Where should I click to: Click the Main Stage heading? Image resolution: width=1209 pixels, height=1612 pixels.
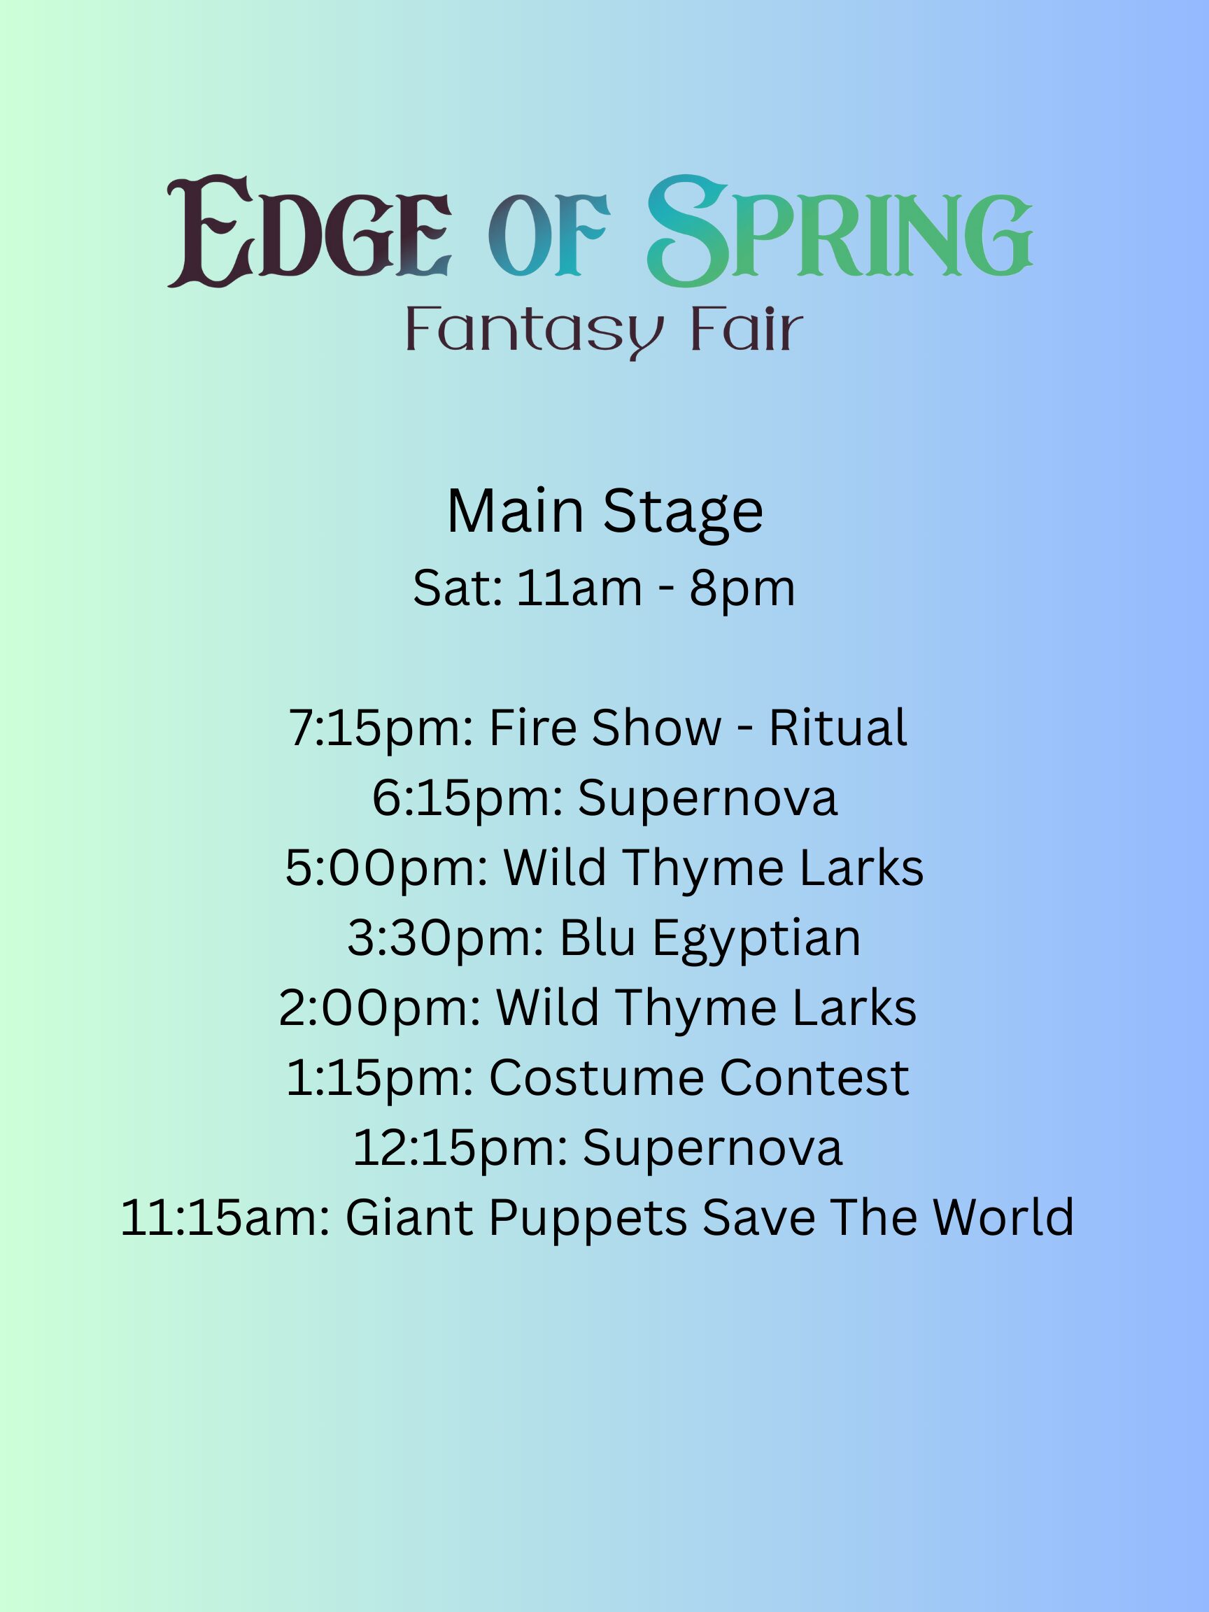605,511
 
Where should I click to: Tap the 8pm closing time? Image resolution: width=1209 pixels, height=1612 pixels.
742,589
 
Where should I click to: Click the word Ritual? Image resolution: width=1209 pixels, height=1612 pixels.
837,728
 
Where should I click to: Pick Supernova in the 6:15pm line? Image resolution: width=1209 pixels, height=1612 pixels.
707,799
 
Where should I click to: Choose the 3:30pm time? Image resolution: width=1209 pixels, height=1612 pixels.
445,938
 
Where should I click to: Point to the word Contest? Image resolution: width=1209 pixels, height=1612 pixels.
814,1078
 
